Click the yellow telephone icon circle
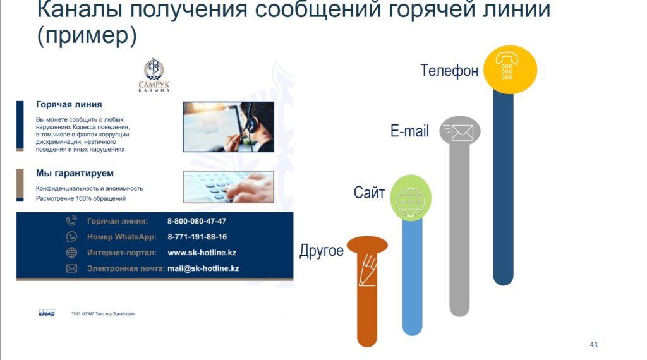[x=510, y=69]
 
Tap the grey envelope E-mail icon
[x=460, y=131]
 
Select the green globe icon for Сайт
[x=411, y=198]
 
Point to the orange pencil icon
[x=367, y=270]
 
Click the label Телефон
[x=449, y=71]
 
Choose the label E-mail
[x=409, y=131]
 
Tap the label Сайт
[x=369, y=193]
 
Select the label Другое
[x=322, y=251]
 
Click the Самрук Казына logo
[x=154, y=75]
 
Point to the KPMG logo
[x=47, y=313]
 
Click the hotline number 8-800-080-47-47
[x=197, y=221]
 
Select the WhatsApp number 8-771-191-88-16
[x=197, y=237]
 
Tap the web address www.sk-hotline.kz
[x=202, y=253]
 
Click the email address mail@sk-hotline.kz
[x=203, y=268]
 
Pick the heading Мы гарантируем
[x=75, y=173]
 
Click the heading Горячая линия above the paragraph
[x=69, y=104]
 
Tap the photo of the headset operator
[x=228, y=127]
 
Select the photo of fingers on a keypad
[x=228, y=187]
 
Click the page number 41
[x=594, y=344]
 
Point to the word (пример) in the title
[x=87, y=35]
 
